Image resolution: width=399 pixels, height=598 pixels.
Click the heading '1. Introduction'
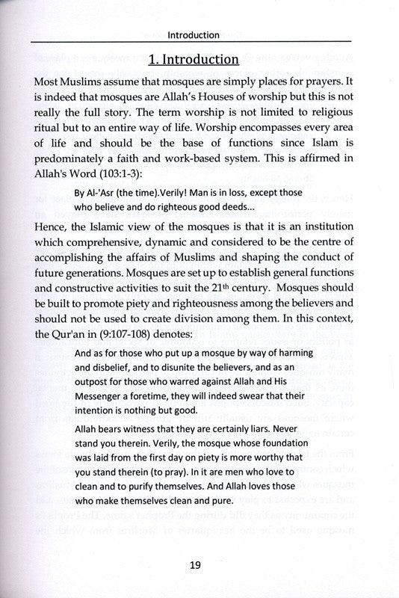pos(193,58)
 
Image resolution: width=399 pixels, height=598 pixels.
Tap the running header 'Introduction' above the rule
pos(193,34)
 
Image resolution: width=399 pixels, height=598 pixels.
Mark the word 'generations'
pos(105,274)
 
